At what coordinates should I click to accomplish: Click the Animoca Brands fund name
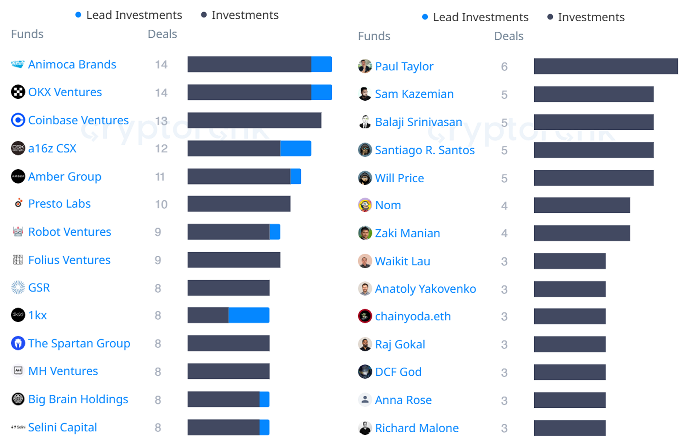[x=72, y=64]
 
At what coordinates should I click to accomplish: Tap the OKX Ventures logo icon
[x=18, y=92]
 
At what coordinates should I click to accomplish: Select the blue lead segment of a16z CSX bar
[x=296, y=148]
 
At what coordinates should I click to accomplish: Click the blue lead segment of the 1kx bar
[x=249, y=315]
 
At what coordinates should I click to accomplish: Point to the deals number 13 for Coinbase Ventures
[x=161, y=121]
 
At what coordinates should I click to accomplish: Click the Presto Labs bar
[x=239, y=204]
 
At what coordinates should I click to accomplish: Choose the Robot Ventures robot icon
[x=18, y=232]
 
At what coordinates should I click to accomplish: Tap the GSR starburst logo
[x=18, y=288]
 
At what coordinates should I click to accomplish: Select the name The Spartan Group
[x=79, y=343]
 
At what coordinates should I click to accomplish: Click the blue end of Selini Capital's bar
[x=264, y=427]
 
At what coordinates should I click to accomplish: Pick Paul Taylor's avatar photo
[x=365, y=66]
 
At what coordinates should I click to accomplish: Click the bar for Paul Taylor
[x=606, y=66]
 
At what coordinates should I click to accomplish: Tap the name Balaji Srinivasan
[x=418, y=122]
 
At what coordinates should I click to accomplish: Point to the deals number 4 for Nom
[x=504, y=206]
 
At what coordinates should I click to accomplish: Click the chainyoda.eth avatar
[x=365, y=316]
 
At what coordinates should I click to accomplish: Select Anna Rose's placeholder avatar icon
[x=365, y=400]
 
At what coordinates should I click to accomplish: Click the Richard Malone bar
[x=569, y=428]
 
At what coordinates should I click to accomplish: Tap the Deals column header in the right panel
[x=509, y=36]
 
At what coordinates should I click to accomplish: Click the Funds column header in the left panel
[x=27, y=34]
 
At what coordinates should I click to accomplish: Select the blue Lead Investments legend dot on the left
[x=78, y=15]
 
